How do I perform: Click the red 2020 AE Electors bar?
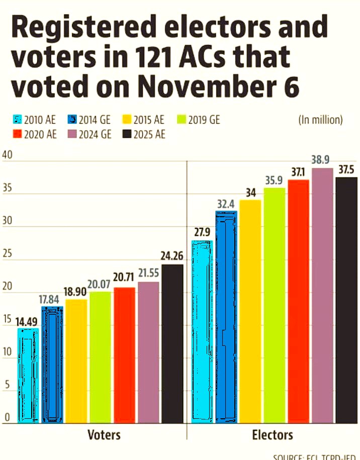point(298,302)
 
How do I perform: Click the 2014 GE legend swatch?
point(71,120)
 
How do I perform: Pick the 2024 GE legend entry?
point(91,134)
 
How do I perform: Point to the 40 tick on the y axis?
point(7,154)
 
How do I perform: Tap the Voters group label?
point(104,434)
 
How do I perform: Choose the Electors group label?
point(273,434)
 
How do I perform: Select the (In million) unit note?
point(321,120)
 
